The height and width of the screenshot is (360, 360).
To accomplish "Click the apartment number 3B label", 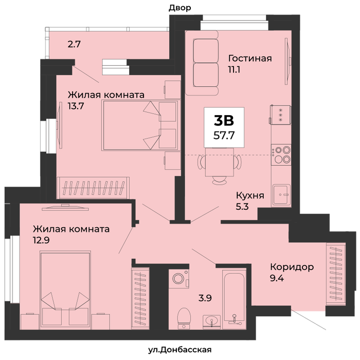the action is (x=224, y=120).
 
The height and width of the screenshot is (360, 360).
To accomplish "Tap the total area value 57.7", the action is (x=224, y=135).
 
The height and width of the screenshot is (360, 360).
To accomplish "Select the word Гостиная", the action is (x=250, y=58).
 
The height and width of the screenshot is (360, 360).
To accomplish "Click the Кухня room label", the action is (x=250, y=195).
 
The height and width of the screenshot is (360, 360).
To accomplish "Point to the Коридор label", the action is (x=292, y=267).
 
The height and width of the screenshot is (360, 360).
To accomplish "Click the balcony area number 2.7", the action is (x=74, y=44).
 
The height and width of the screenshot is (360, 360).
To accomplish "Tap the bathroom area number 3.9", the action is (x=205, y=298).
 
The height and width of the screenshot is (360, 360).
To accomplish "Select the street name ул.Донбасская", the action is (x=180, y=350).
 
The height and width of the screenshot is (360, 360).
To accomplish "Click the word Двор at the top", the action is (x=180, y=8).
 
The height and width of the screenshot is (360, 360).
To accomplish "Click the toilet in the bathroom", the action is (x=184, y=318).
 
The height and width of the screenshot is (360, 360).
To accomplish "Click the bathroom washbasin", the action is (x=211, y=322).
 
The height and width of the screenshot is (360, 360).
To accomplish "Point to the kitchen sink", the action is (x=281, y=195).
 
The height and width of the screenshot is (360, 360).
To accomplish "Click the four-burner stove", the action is (x=281, y=154).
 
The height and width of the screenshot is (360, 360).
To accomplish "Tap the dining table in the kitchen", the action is (x=220, y=162).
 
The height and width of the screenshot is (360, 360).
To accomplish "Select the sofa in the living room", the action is (x=202, y=63).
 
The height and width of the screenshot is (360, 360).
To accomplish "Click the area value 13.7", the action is (x=76, y=106).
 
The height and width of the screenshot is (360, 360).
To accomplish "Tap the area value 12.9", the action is (x=41, y=240).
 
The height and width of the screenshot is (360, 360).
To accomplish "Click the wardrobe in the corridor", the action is (x=336, y=274).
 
